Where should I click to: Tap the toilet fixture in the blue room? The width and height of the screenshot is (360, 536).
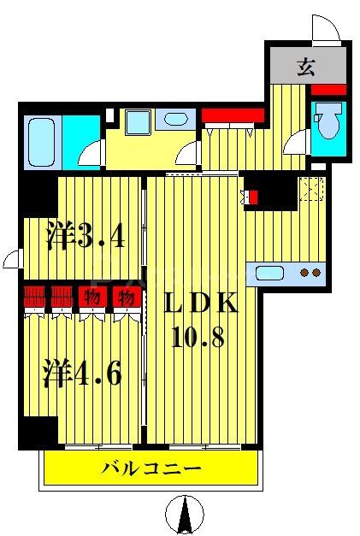(328, 121)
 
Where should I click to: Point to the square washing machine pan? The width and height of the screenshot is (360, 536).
(137, 121)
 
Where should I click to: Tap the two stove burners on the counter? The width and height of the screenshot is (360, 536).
(310, 273)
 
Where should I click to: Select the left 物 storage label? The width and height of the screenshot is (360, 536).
(90, 298)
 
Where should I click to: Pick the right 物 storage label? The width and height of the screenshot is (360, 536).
(126, 298)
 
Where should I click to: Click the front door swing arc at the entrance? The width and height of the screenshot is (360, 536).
(326, 29)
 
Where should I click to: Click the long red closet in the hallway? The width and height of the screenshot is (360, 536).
(233, 115)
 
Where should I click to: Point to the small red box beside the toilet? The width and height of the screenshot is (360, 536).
(328, 89)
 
